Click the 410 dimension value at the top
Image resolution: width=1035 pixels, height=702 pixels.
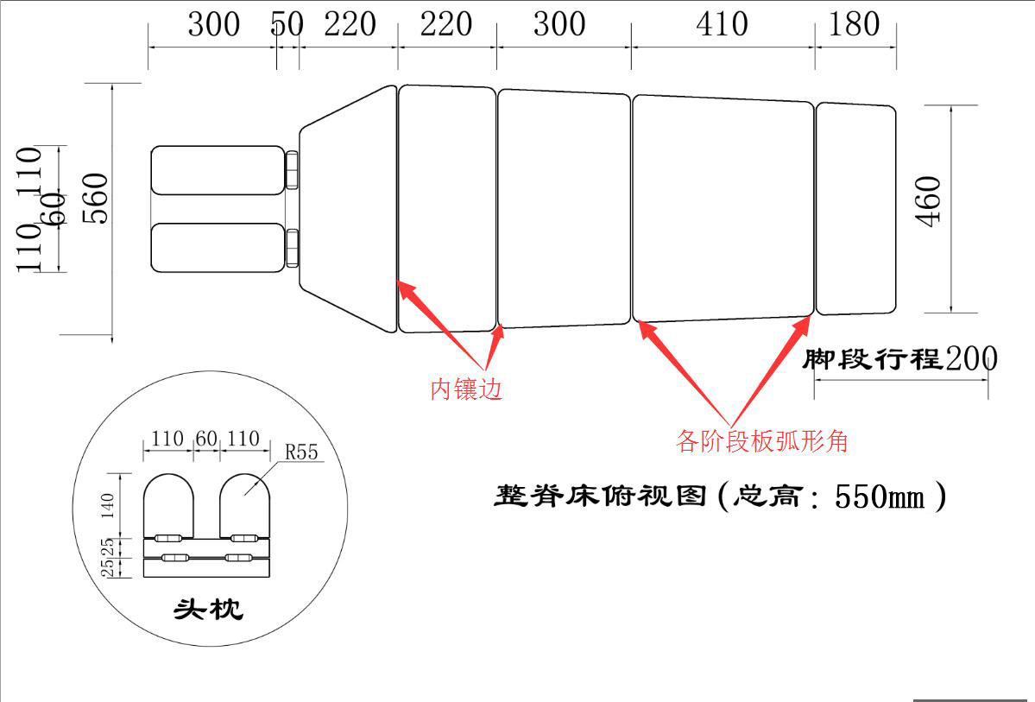click(722, 24)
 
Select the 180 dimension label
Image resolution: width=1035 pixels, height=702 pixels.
click(854, 24)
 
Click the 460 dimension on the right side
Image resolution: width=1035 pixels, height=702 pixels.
click(930, 201)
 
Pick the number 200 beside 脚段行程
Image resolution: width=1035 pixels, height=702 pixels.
click(971, 357)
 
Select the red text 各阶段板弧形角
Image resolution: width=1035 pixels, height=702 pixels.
click(762, 442)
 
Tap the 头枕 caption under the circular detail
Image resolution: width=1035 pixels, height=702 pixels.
click(208, 610)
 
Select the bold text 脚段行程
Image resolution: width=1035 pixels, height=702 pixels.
click(871, 358)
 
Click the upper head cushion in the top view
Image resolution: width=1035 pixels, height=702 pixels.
click(218, 169)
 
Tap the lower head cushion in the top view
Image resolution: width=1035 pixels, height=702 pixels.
click(218, 247)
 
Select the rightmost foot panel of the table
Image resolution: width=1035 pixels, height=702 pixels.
click(856, 208)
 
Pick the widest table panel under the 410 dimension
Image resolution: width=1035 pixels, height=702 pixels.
click(723, 208)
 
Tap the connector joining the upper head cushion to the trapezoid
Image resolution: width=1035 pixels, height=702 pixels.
click(293, 169)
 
